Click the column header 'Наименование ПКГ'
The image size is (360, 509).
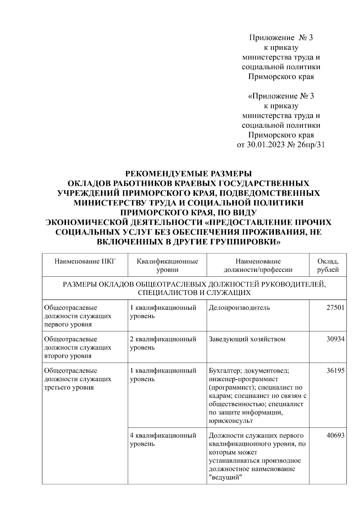(x=85, y=261)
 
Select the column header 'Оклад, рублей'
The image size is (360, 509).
(x=328, y=265)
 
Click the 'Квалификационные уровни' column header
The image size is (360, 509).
(x=167, y=265)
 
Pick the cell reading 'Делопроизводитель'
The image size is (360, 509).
(x=239, y=308)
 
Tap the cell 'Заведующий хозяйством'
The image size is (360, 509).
(x=247, y=339)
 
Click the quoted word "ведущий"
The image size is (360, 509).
(x=225, y=477)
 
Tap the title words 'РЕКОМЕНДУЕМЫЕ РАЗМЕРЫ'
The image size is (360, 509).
(x=188, y=174)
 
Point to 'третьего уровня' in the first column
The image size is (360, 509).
(x=69, y=387)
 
